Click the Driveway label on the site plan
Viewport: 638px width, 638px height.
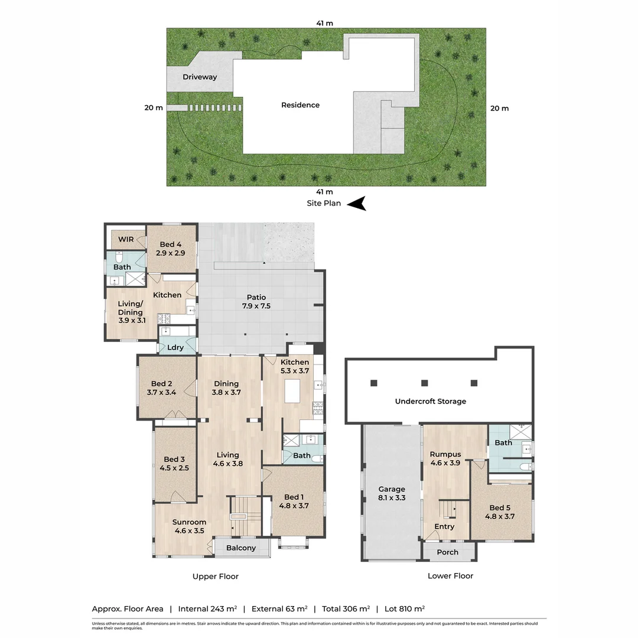tap(199, 77)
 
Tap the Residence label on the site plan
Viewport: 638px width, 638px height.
tap(300, 105)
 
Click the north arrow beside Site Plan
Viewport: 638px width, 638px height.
tap(356, 204)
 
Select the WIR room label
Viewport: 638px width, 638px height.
tap(125, 239)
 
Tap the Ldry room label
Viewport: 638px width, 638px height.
tap(175, 347)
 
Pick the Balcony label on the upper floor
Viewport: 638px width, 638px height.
tap(241, 548)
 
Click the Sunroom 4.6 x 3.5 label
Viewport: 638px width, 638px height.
tap(189, 526)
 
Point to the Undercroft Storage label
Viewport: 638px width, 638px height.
tap(431, 401)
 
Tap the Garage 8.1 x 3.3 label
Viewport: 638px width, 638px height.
tap(392, 493)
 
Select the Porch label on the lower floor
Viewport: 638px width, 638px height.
tap(447, 552)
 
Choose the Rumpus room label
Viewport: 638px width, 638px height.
tap(445, 454)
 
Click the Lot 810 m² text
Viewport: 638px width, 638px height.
tap(405, 608)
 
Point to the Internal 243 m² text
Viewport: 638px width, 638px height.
tap(207, 608)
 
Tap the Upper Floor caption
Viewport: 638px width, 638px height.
tap(216, 576)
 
